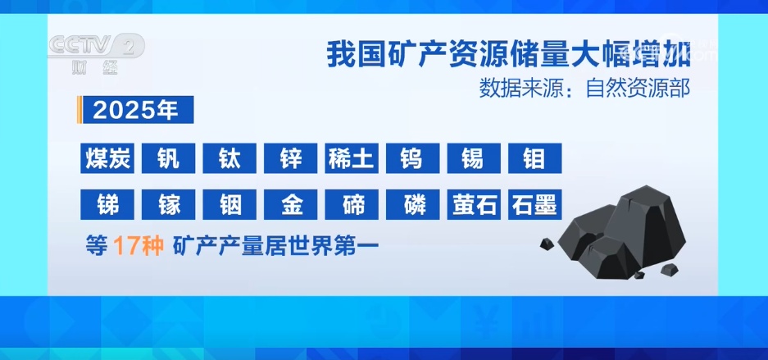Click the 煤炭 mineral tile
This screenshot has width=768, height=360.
107,158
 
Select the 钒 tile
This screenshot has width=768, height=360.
168,158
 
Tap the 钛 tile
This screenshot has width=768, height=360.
229,158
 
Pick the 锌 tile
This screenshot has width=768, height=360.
291,158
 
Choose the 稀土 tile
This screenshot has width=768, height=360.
352,158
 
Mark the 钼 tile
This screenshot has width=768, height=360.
534,158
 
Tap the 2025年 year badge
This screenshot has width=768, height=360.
136,111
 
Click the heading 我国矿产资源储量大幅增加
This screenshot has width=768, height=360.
508,56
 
